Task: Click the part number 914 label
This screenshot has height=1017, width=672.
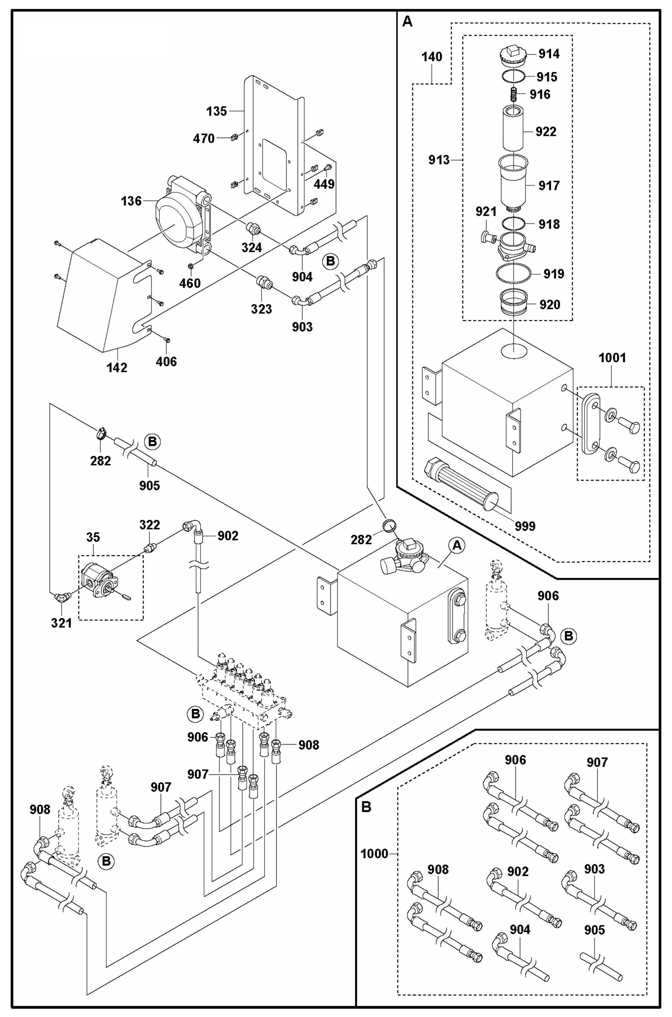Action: point(549,54)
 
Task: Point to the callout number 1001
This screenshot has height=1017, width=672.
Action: point(612,357)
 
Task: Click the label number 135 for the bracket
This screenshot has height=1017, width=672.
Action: point(217,111)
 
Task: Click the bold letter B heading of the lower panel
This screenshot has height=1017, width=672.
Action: point(366,807)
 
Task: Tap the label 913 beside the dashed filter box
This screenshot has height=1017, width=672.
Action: point(439,160)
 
